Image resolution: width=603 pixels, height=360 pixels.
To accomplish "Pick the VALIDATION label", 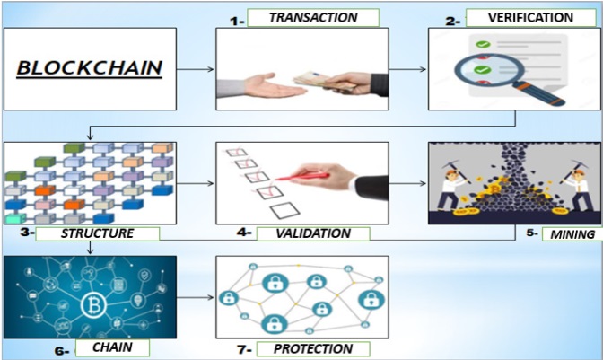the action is click(x=312, y=233).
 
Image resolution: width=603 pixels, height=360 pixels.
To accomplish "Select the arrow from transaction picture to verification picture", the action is click(x=408, y=68).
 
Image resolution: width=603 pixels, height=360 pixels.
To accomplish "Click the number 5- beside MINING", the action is click(x=534, y=234).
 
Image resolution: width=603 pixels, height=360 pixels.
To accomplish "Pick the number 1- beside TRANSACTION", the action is click(x=236, y=17).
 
